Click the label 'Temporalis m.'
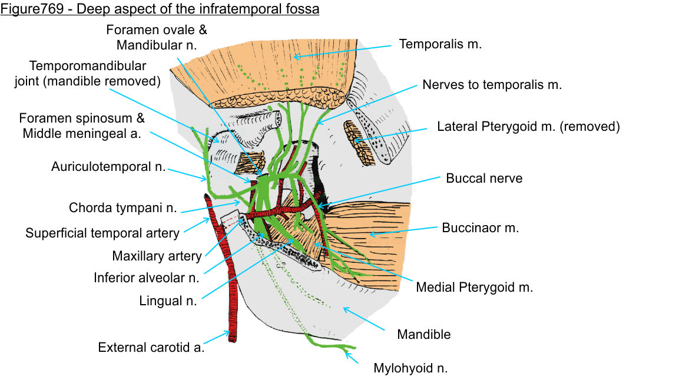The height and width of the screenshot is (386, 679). click(x=440, y=44)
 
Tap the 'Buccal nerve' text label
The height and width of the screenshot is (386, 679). click(x=484, y=178)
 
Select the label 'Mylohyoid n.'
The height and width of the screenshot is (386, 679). click(x=410, y=369)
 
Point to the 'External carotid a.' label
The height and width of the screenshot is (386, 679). click(x=151, y=347)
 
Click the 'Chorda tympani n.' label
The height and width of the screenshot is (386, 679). click(x=123, y=208)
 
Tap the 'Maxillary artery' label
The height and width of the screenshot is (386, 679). click(x=157, y=256)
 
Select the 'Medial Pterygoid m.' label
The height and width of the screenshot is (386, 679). click(x=474, y=288)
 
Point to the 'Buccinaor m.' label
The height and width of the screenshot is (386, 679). click(x=481, y=228)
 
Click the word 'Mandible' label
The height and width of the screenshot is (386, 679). click(x=423, y=335)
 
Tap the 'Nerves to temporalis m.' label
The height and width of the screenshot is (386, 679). click(x=492, y=85)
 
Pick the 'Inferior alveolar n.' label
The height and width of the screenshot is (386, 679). click(x=146, y=277)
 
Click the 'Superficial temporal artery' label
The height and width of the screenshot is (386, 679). click(x=102, y=233)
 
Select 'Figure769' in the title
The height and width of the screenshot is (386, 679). click(x=26, y=10)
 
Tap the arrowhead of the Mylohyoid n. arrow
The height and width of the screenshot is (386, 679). click(x=347, y=353)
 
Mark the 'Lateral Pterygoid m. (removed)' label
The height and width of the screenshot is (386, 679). click(x=528, y=127)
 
